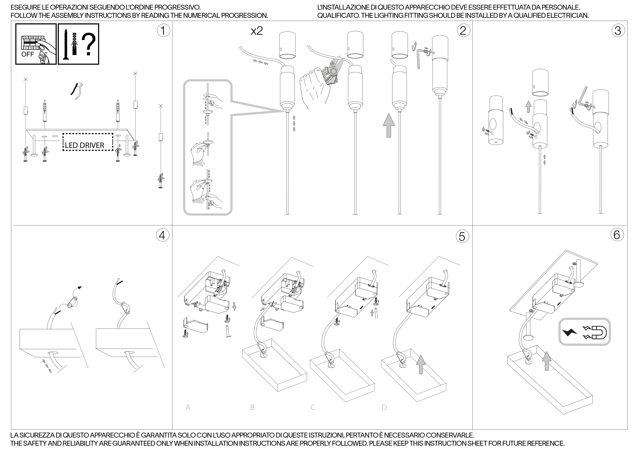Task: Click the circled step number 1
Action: pyautogui.click(x=163, y=30)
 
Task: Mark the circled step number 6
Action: pyautogui.click(x=617, y=235)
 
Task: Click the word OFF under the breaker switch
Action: pyautogui.click(x=28, y=54)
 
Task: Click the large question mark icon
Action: pyautogui.click(x=88, y=44)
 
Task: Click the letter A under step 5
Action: pyautogui.click(x=188, y=407)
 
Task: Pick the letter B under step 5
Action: pyautogui.click(x=252, y=407)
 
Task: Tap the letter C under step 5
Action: pyautogui.click(x=313, y=407)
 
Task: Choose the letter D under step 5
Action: pyautogui.click(x=384, y=407)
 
